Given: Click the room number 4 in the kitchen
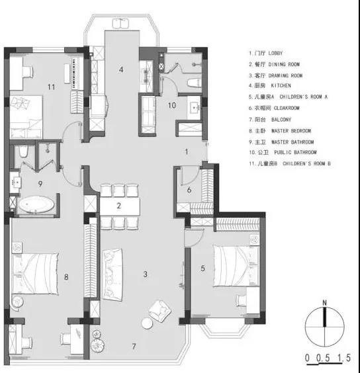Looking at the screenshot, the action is pos(121,69).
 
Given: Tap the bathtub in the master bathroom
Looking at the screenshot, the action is pos(36,204).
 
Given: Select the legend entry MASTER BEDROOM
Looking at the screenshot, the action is pos(291,131).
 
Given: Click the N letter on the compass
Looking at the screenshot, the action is pos(324,303).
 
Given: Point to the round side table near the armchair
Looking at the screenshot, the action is pos(147,323).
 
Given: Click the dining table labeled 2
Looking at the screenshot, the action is pos(120,206).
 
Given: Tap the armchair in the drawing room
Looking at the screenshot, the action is pos(159,311).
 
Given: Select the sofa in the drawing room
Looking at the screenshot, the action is pos(112,274).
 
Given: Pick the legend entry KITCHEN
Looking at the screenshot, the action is pos(281,85).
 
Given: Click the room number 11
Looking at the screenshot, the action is pos(51,87).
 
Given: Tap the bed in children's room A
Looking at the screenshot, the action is pos(236,266).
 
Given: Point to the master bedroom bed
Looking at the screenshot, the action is pos(35,274).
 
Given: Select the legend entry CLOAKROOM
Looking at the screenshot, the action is pos(287,108).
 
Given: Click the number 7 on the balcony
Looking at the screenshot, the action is pos(134,347).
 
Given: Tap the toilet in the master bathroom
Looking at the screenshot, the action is pos(23,151).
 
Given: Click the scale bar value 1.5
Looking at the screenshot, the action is pos(344,358).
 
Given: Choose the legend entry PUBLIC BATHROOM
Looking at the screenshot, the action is pos(295,153).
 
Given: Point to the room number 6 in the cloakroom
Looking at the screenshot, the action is pos(189,190).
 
